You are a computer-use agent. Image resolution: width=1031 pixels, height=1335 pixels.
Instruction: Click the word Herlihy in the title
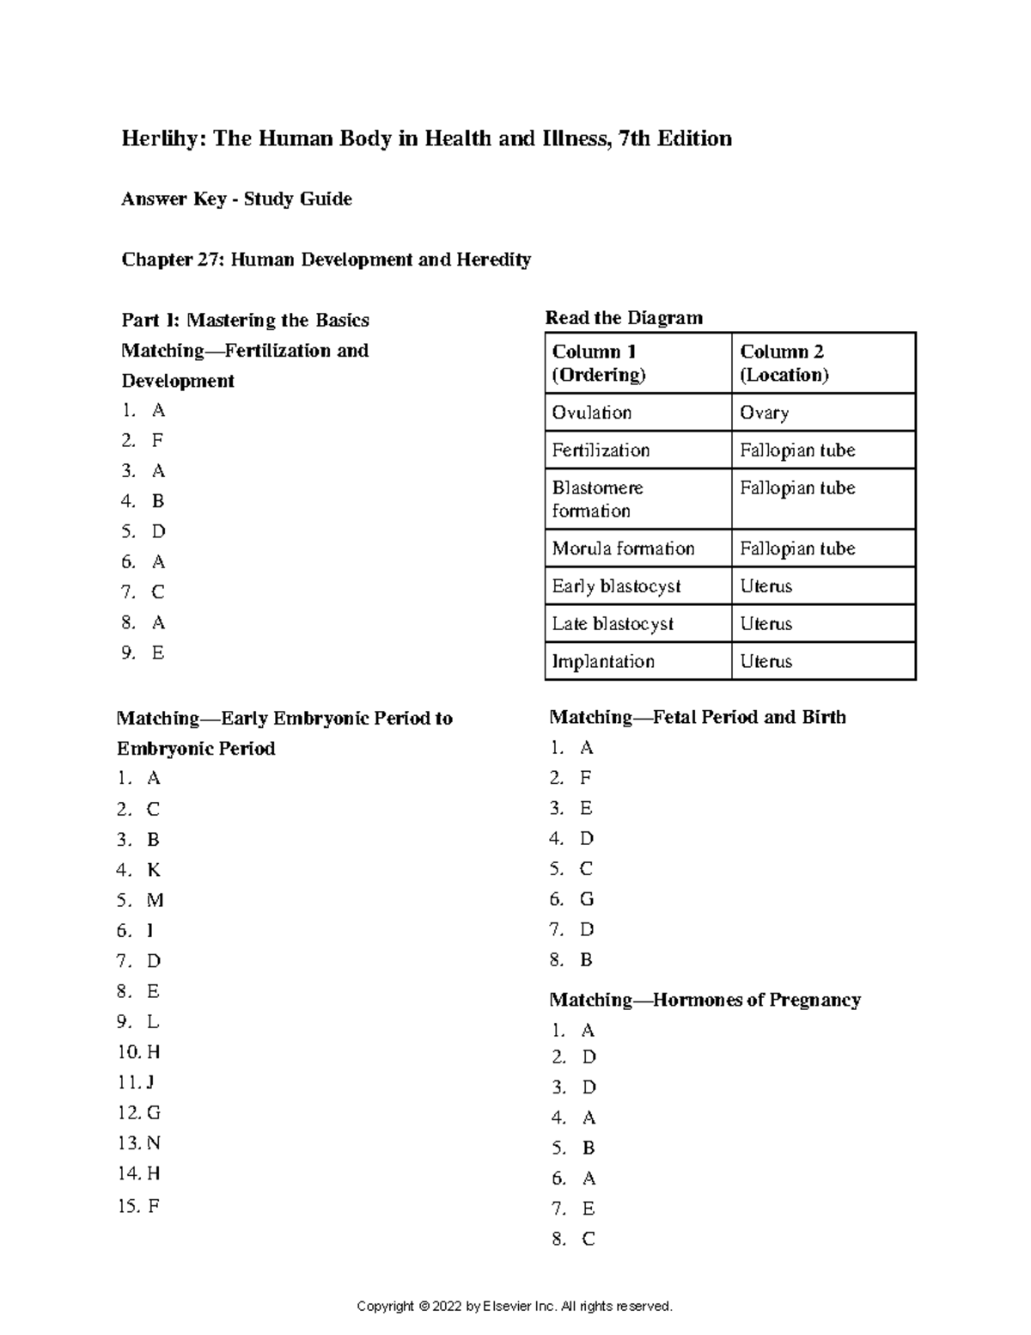coord(161,139)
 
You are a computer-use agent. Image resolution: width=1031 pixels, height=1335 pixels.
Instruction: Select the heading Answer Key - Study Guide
coord(236,199)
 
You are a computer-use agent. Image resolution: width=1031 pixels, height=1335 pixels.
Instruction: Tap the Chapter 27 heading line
coord(326,260)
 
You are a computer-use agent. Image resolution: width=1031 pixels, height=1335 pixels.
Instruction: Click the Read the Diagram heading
coord(624,318)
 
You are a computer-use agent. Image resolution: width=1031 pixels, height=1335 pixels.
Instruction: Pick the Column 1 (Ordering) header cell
coord(638,363)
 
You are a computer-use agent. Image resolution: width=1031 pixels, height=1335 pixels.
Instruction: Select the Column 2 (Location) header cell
coord(823,363)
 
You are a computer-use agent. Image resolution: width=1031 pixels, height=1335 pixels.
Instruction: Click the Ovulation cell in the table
coord(638,413)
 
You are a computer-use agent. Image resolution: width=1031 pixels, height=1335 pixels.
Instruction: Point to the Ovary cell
coord(823,413)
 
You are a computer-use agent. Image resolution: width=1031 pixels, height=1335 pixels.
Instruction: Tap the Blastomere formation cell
coord(638,499)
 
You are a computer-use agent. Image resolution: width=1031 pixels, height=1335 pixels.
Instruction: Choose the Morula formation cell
coord(638,548)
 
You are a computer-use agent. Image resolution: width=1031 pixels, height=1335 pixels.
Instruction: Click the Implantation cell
coord(638,661)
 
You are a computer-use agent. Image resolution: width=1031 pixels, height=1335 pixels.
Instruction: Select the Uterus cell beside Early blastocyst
coord(823,586)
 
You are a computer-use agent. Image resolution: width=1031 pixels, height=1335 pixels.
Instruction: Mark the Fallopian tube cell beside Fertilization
coord(823,450)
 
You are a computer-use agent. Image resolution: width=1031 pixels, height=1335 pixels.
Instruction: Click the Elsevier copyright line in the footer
coord(514,1306)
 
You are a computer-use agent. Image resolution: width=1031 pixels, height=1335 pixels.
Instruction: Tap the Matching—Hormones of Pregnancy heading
coord(705,1000)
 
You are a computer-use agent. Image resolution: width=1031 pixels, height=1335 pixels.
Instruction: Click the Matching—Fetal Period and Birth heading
coord(697,717)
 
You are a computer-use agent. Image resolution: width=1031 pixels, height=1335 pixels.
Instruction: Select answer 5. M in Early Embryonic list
coord(140,900)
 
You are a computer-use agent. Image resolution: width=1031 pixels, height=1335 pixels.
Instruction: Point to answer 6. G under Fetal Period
coord(572,899)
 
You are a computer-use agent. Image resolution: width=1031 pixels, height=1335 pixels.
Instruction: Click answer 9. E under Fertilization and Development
coord(143,652)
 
